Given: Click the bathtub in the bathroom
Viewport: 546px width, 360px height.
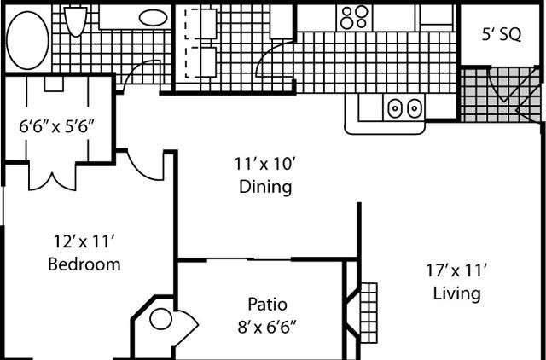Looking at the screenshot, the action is click(x=27, y=40).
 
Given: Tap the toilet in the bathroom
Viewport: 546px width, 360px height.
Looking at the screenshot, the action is click(x=76, y=20).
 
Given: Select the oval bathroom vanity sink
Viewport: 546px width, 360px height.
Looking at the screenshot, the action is click(x=153, y=17).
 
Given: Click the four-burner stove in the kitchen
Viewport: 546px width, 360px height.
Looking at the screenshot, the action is click(x=354, y=17).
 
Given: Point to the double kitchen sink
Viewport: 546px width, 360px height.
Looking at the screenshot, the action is click(x=404, y=107).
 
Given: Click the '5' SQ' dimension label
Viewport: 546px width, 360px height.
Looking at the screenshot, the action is click(x=502, y=35).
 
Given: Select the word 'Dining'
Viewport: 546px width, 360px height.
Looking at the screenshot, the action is click(x=265, y=187).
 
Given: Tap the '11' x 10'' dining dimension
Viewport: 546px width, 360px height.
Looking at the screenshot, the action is click(x=264, y=164).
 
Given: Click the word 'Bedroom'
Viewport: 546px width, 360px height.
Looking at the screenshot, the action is click(x=84, y=264).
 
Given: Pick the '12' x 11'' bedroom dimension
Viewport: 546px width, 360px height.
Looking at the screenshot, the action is click(x=84, y=241).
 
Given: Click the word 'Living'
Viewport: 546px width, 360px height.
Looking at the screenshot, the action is click(x=457, y=293).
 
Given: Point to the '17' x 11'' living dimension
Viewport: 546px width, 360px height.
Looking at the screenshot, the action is click(x=456, y=270).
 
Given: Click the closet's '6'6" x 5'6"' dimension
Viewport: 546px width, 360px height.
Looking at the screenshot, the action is click(x=57, y=127).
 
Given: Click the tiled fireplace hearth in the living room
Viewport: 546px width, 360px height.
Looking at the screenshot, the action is click(x=369, y=312).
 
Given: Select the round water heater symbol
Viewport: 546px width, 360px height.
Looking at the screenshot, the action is click(x=161, y=319).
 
